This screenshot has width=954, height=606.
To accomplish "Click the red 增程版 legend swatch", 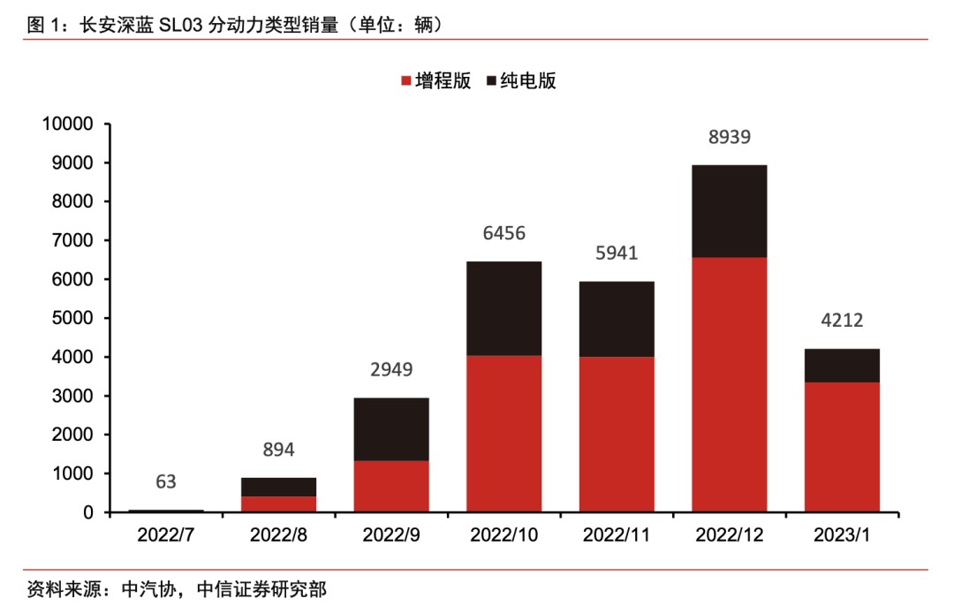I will tap(407, 81).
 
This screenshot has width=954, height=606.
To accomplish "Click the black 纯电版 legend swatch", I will tap(492, 81).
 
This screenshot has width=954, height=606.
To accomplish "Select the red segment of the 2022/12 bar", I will tap(730, 384).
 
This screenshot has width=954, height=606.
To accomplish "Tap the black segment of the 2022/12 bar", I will tap(730, 211).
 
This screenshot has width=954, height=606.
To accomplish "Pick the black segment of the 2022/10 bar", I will tap(503, 308).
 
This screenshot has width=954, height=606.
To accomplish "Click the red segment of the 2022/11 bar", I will tap(617, 434).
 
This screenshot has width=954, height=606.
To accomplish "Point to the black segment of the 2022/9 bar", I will tap(391, 429).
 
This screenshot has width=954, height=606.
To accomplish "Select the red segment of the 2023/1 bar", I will tap(842, 447).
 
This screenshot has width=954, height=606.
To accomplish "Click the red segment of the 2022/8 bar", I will tap(278, 504).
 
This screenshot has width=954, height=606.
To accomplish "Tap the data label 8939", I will tap(730, 137).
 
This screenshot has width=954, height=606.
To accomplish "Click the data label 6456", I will tap(503, 233).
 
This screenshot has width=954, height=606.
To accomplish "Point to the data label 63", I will tap(166, 481).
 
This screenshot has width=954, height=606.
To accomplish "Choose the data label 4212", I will tap(842, 321).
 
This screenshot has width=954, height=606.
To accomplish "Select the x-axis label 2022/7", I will tap(166, 535).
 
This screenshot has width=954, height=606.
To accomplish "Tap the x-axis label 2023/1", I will tap(842, 535).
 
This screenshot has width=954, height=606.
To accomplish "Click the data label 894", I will tap(278, 450).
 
